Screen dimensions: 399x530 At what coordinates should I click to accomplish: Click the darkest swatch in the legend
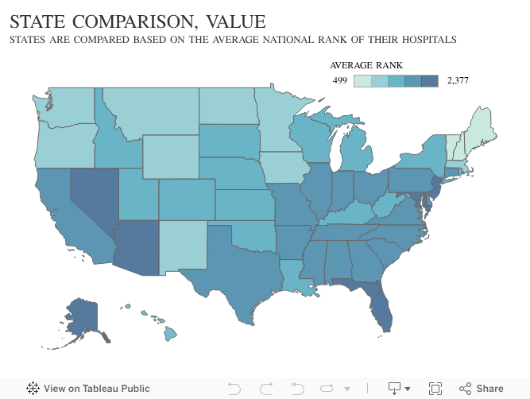430,80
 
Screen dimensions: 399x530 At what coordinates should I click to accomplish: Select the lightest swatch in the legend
362,80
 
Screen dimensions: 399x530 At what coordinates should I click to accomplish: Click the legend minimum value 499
339,80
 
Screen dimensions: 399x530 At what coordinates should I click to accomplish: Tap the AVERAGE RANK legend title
366,64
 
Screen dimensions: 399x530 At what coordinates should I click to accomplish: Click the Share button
482,389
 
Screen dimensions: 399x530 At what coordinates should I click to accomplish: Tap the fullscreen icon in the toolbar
435,389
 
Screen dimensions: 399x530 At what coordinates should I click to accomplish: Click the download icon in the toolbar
395,389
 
